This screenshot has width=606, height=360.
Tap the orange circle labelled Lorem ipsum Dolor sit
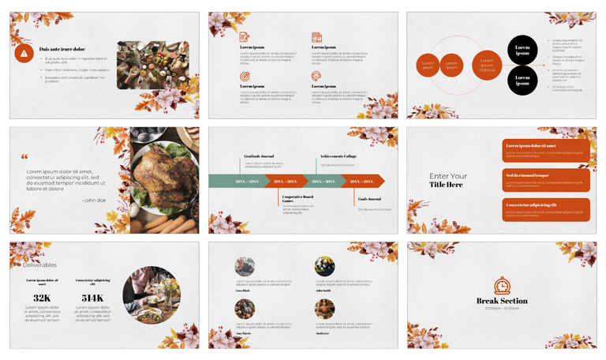pyautogui.click(x=487, y=66)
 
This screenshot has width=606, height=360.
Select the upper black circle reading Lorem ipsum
pyautogui.click(x=522, y=50)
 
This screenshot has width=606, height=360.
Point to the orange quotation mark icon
pyautogui.click(x=24, y=157)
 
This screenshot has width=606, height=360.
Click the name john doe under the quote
pyautogui.click(x=93, y=200)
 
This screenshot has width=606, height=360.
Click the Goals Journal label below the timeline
pyautogui.click(x=369, y=199)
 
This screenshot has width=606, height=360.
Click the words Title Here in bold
pyautogui.click(x=446, y=185)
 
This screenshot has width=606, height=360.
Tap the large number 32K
pyautogui.click(x=42, y=298)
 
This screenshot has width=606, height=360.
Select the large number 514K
pyautogui.click(x=92, y=298)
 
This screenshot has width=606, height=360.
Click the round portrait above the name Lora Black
pyautogui.click(x=245, y=266)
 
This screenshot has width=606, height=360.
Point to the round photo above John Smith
pyautogui.click(x=324, y=266)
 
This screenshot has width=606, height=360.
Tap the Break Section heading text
pyautogui.click(x=502, y=302)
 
